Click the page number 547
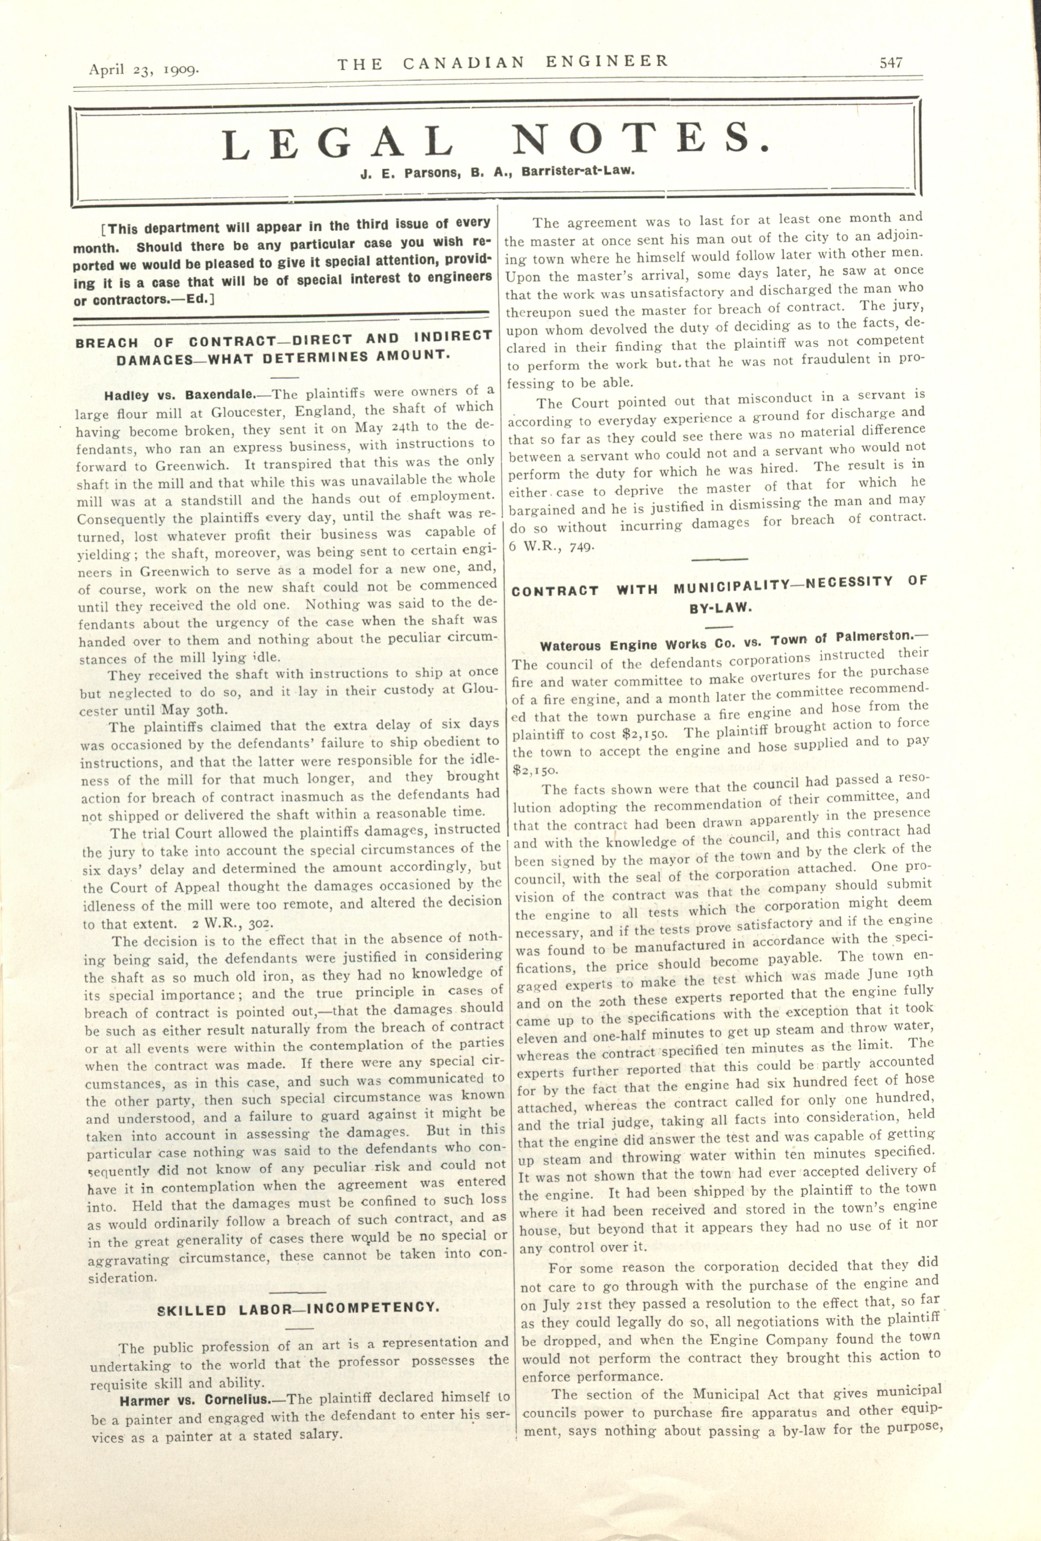pos(890,63)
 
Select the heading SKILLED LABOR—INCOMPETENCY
pos(298,1310)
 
